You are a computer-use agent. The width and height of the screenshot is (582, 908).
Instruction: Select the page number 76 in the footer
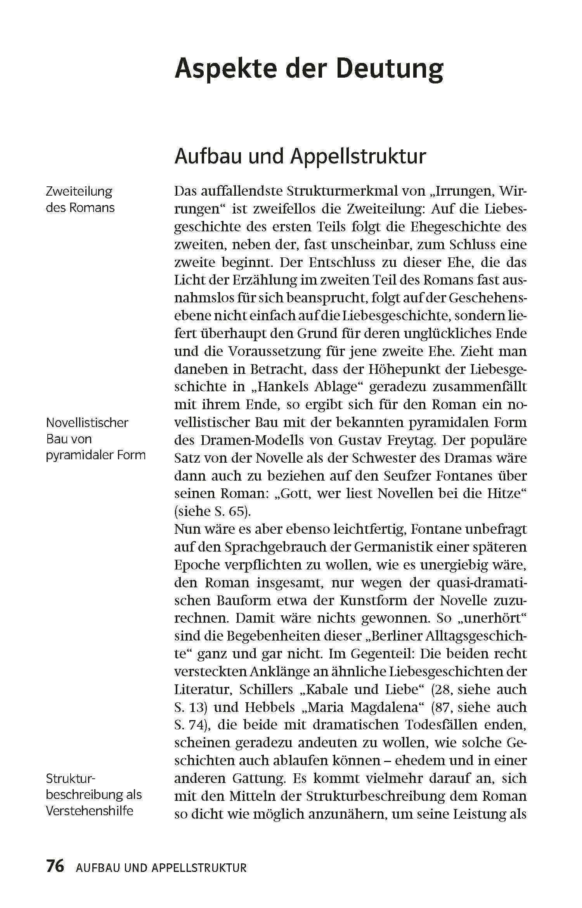point(55,866)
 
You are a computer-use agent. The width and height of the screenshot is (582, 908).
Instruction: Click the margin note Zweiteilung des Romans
point(80,199)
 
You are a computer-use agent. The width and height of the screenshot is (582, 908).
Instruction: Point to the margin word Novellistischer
point(87,422)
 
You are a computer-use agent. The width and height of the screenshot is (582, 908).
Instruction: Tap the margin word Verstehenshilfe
point(89,811)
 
